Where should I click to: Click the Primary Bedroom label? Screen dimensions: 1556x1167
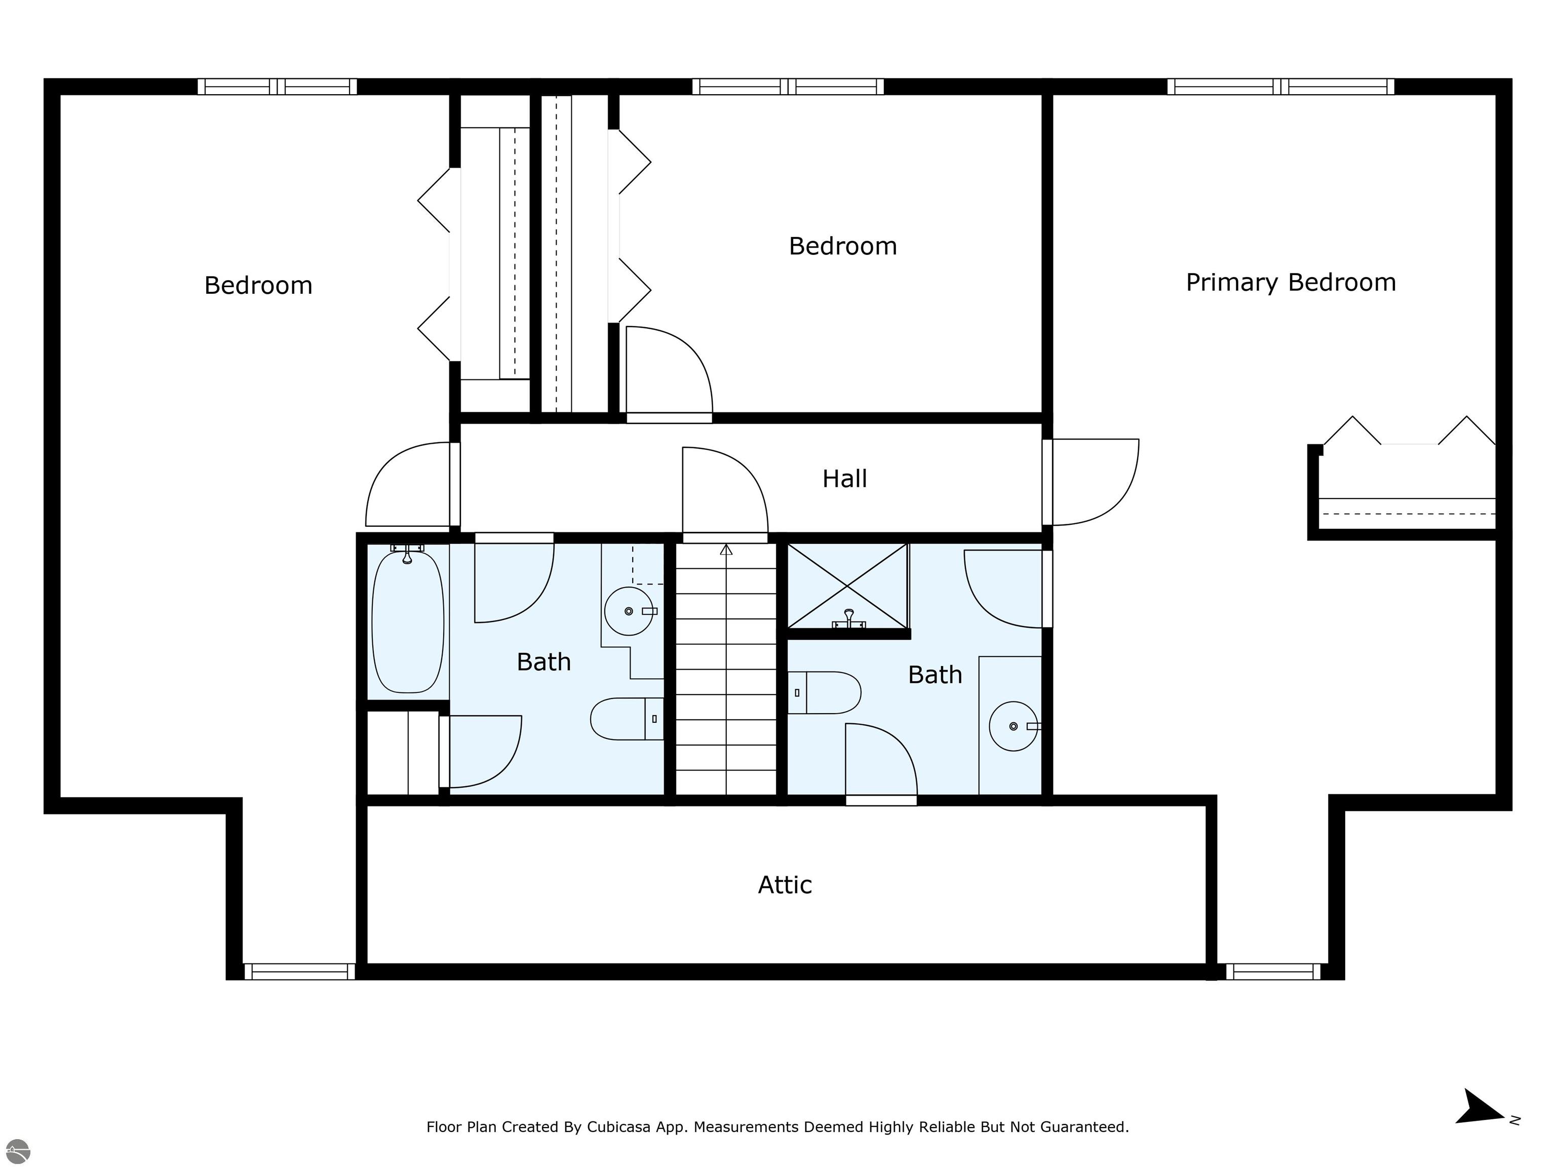[1290, 283]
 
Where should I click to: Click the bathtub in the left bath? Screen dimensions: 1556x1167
[407, 621]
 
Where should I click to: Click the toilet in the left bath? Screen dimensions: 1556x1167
[626, 718]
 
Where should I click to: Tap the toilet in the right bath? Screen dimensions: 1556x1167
[824, 692]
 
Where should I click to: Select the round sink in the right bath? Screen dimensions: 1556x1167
[1014, 726]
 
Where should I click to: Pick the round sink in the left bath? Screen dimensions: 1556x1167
[630, 611]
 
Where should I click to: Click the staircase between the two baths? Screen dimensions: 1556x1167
[726, 668]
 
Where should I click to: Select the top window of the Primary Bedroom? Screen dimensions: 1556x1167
[1280, 87]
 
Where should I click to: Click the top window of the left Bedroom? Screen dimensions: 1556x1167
[277, 87]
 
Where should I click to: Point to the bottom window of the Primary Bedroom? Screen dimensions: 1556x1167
[1273, 971]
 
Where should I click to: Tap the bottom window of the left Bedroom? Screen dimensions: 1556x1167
[300, 971]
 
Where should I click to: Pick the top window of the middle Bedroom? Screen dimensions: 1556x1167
[788, 87]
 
